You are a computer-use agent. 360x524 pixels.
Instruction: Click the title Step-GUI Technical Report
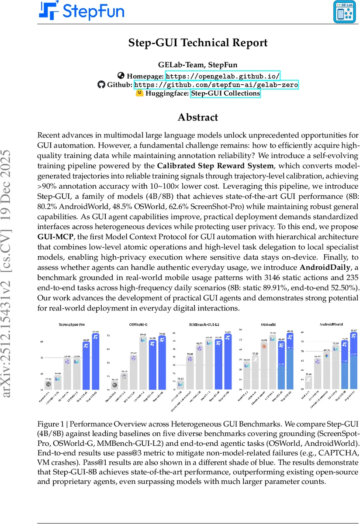click(x=197, y=43)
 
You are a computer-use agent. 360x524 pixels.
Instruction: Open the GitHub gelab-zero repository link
click(x=216, y=85)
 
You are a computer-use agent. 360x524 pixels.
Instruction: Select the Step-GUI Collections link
click(x=225, y=93)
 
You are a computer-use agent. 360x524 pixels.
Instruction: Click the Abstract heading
click(x=197, y=117)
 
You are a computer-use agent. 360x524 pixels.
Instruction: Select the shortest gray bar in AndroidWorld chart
click(x=308, y=382)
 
